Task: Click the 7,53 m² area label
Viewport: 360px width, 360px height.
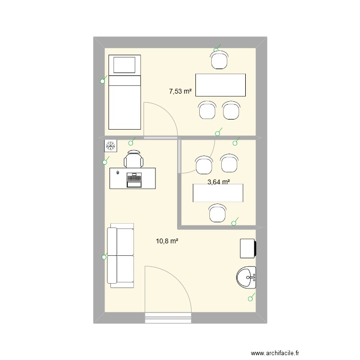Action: pos(180,90)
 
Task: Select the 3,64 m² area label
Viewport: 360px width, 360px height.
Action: pos(218,182)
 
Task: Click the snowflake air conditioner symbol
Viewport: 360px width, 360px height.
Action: pos(110,145)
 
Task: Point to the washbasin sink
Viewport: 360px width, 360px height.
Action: pos(247,276)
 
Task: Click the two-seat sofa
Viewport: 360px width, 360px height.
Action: pos(120,257)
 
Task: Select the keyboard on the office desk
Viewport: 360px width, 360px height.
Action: pos(134,180)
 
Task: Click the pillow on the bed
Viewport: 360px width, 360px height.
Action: pos(124,65)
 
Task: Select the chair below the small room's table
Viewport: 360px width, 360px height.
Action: pos(218,213)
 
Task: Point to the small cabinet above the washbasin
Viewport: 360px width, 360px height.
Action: pos(249,249)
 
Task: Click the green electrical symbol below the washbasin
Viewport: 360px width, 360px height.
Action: pos(250,299)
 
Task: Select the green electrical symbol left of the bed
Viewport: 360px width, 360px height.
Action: pos(102,81)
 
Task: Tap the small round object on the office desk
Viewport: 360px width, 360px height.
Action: pos(118,172)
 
